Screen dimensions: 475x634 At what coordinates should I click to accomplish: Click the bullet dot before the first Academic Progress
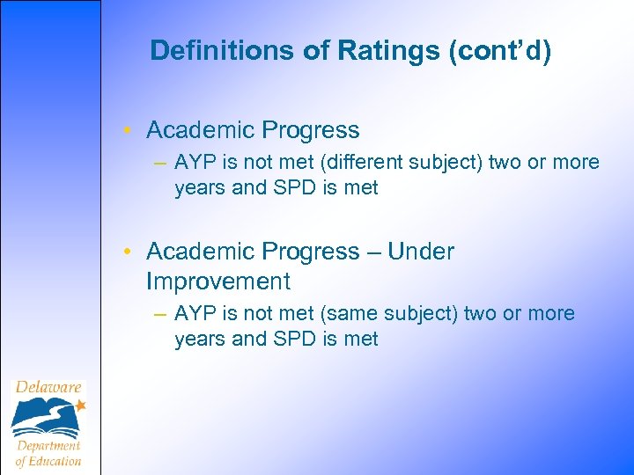129,131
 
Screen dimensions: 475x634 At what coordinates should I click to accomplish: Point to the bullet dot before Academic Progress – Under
129,252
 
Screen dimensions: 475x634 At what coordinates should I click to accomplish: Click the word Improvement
217,281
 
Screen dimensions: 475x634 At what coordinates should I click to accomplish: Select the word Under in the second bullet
421,252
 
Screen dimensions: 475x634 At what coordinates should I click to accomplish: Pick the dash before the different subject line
158,163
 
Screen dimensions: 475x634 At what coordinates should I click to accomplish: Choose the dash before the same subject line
158,314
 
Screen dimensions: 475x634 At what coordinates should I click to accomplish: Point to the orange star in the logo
80,405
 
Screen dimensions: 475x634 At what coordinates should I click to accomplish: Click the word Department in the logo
48,445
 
